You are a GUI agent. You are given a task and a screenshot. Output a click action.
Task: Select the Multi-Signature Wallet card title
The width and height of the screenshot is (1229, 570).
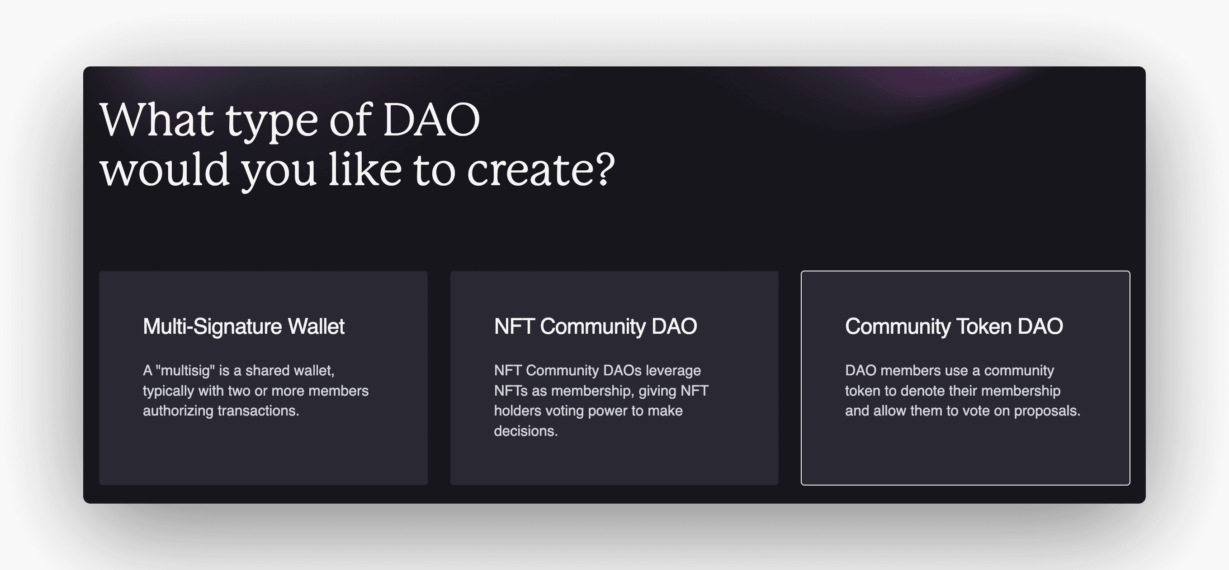click(243, 327)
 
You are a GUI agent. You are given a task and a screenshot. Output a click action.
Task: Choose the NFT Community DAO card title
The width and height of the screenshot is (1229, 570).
click(596, 327)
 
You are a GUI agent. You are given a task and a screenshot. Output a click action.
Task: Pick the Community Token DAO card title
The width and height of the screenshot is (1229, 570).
click(954, 327)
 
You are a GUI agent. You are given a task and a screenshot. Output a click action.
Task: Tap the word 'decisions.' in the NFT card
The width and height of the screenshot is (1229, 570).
click(526, 431)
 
